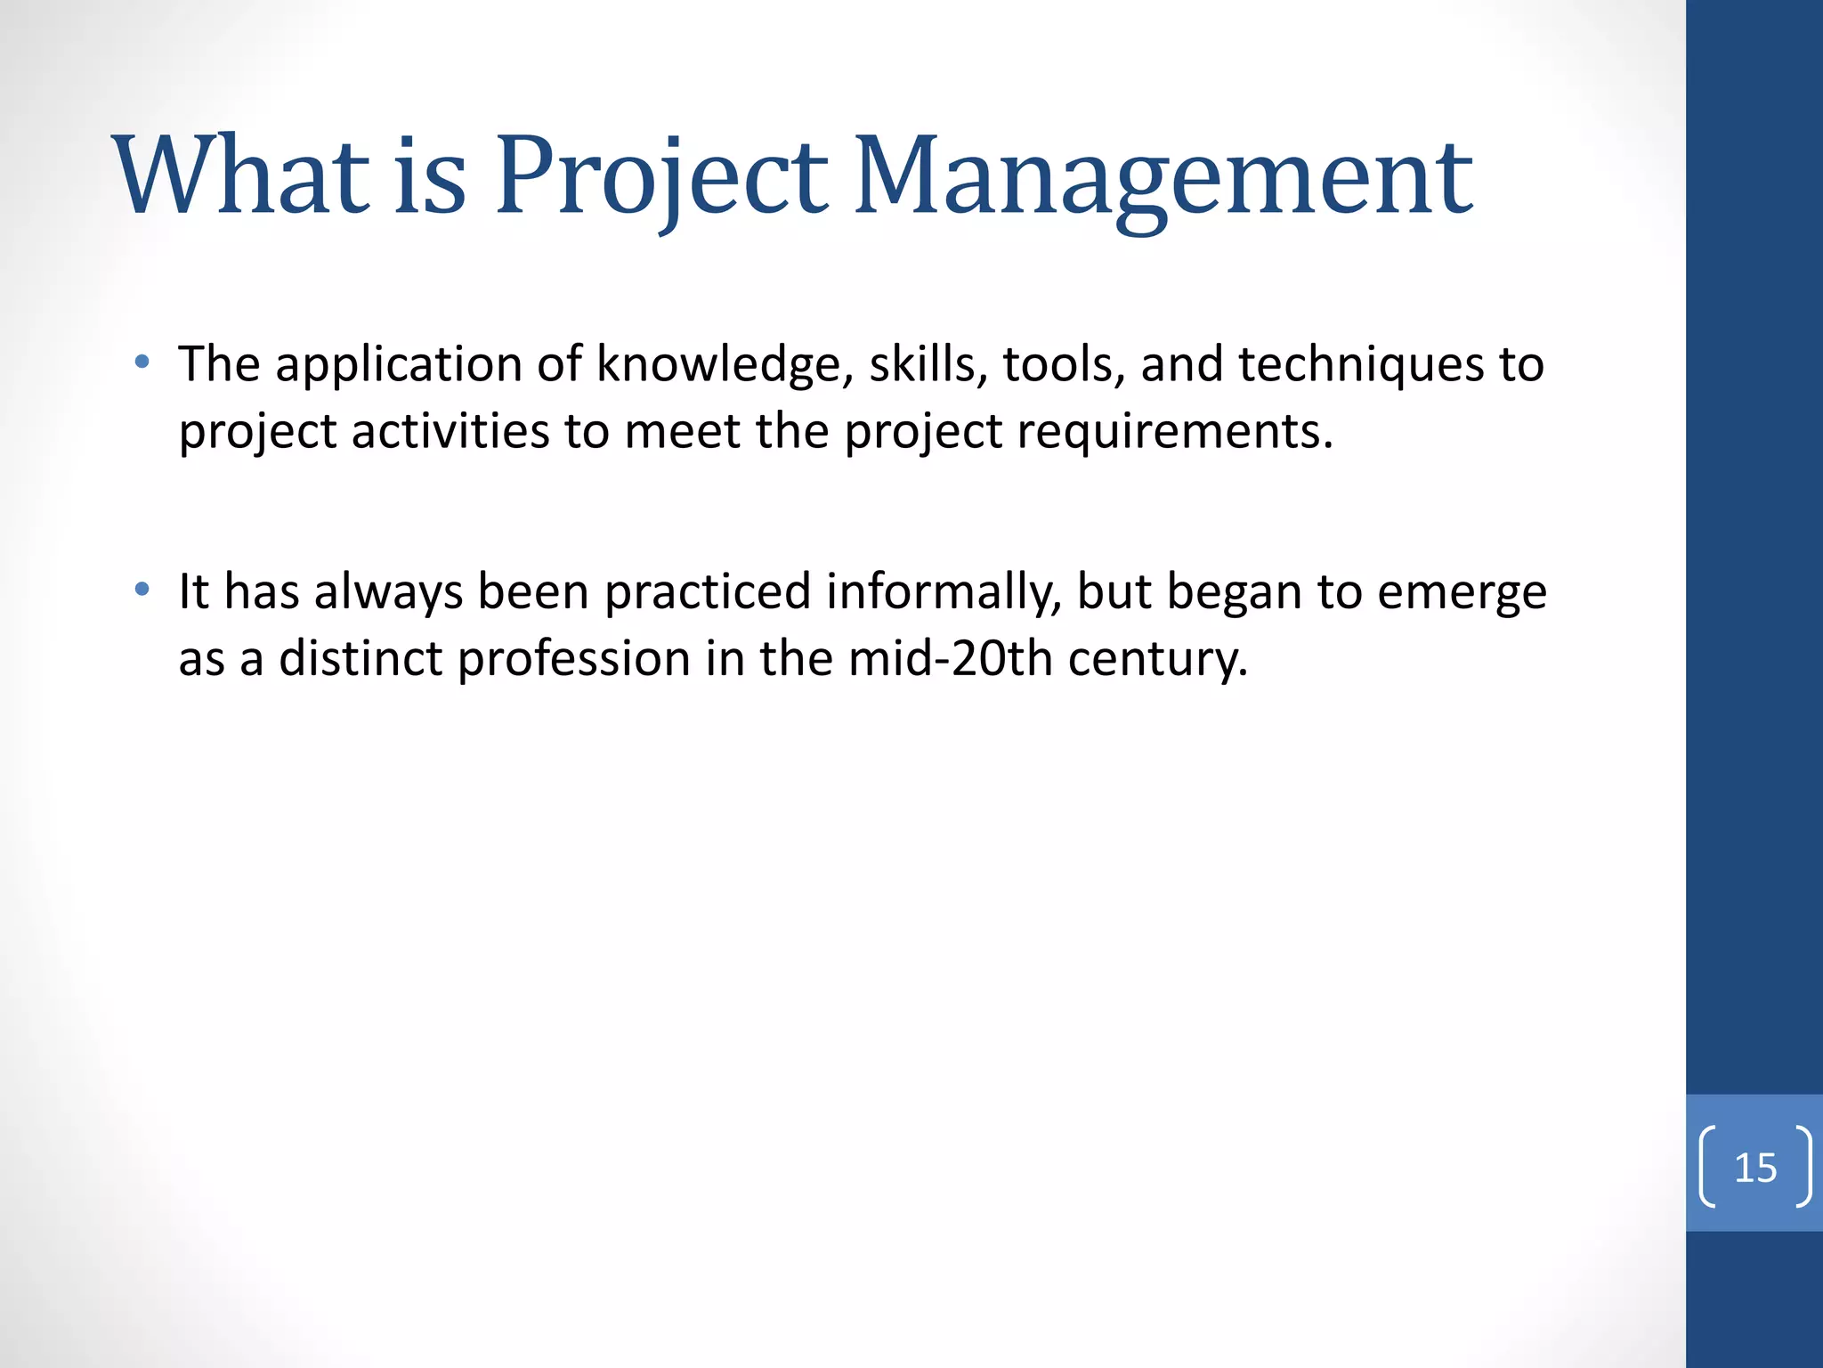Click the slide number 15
[x=1755, y=1168]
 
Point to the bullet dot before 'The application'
[x=142, y=362]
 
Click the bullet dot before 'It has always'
[x=142, y=589]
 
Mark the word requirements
[x=1174, y=433]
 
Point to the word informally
[x=944, y=592]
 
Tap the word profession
[x=574, y=659]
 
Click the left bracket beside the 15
[x=1708, y=1168]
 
